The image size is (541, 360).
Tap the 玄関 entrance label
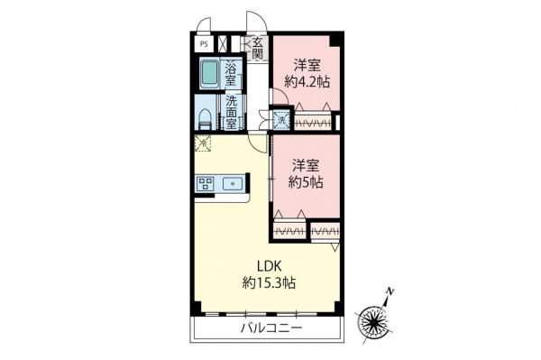tap(258, 48)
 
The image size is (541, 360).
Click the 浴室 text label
tap(232, 74)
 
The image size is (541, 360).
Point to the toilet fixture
tap(206, 117)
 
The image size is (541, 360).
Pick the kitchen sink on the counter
tap(234, 184)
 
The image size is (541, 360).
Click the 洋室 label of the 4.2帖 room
tap(307, 65)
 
